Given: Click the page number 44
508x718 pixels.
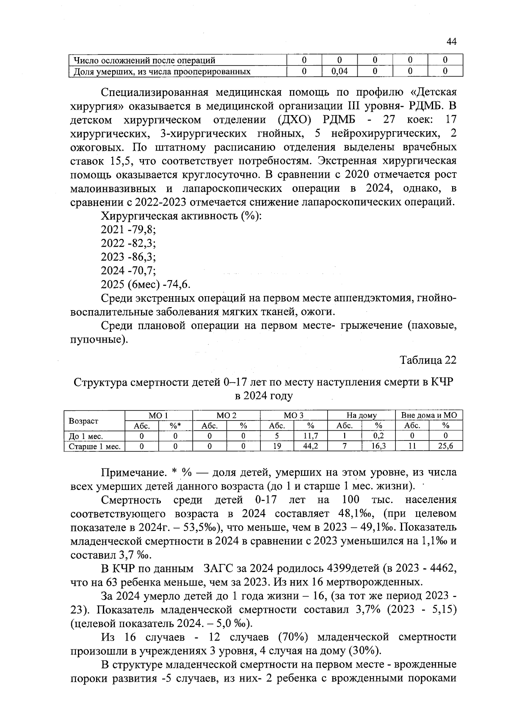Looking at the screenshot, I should coord(451,41).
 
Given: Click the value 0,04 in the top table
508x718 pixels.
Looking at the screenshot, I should coord(340,72).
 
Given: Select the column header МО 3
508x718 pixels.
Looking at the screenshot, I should coord(294,415).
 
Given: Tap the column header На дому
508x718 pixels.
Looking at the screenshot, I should coord(362,415).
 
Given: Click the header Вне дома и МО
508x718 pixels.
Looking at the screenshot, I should coord(429,415).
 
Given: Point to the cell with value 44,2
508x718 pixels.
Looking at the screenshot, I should coord(311,446).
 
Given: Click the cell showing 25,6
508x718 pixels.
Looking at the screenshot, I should coord(446,446).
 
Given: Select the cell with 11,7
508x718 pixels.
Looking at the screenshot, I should coord(311,436).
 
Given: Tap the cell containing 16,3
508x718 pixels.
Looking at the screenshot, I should coord(378,446).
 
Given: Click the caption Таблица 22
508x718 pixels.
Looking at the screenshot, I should coord(428,360).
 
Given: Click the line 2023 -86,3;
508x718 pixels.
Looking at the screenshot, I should coord(128,257).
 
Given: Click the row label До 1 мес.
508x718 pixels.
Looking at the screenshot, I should coord(86,436).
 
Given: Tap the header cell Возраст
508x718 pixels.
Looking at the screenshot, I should coord(83,421).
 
